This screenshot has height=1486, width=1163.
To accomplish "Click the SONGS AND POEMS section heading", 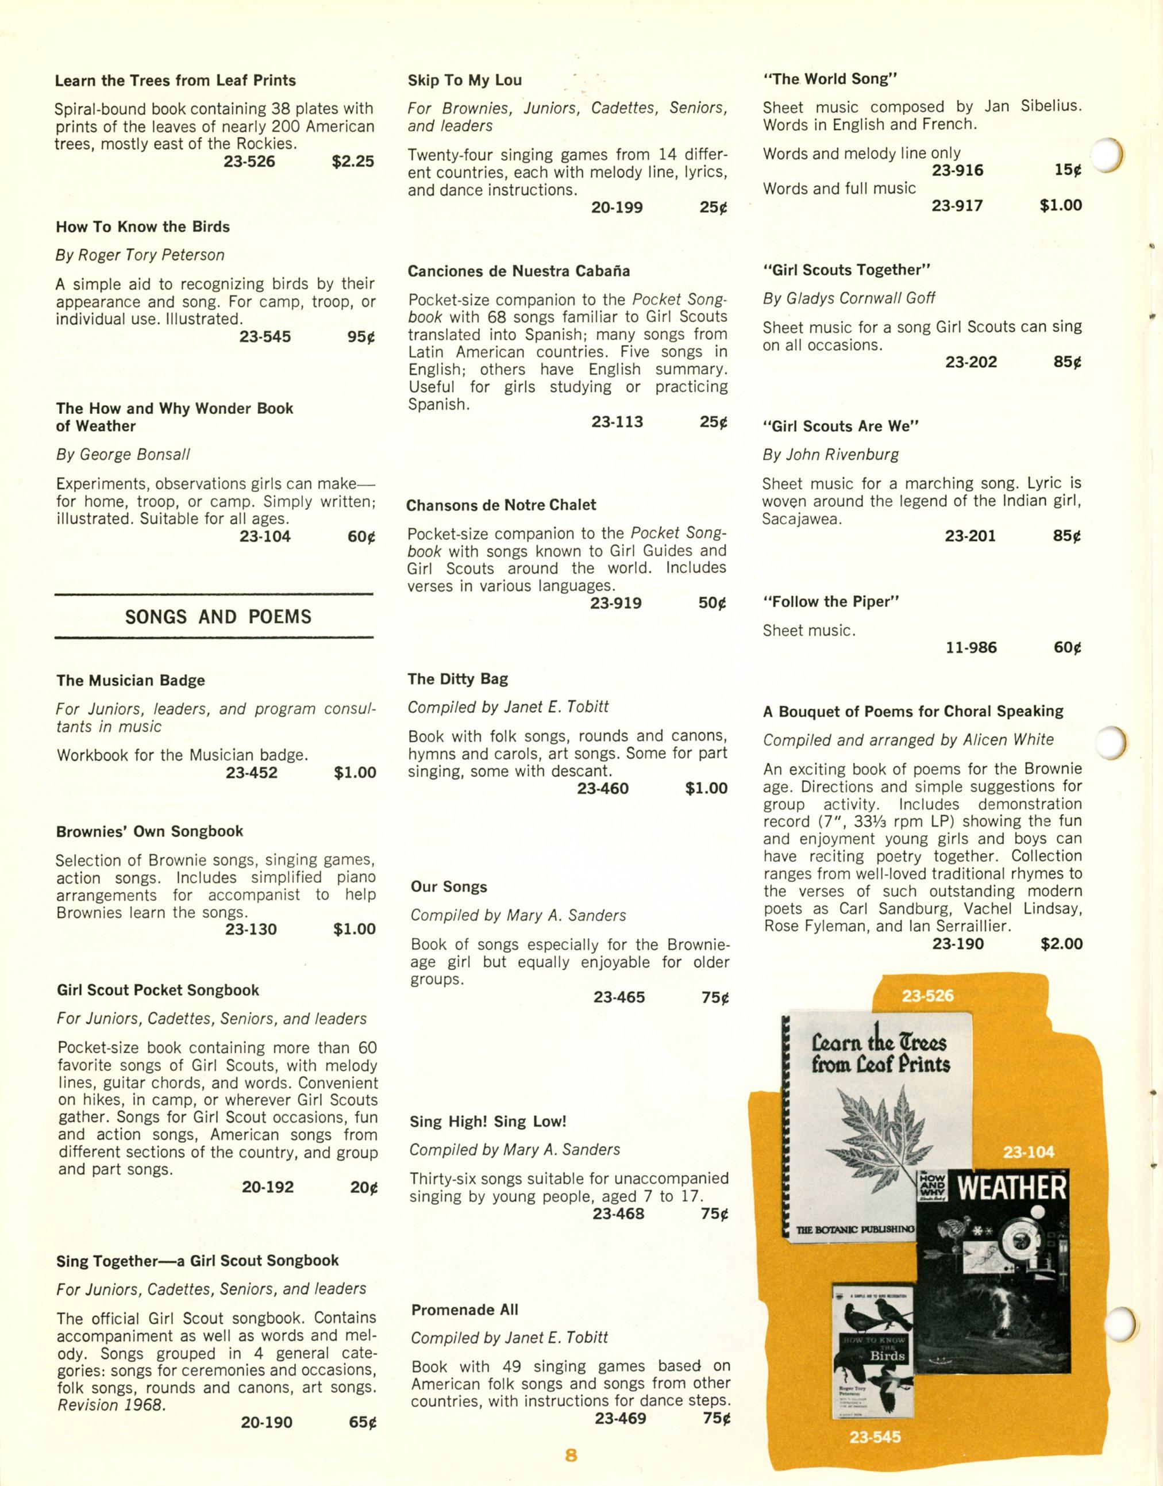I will [x=218, y=617].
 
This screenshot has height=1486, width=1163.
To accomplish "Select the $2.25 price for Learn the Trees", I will [x=353, y=162].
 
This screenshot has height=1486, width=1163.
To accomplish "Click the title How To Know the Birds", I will [x=143, y=227].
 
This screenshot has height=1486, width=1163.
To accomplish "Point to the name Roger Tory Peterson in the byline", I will [x=151, y=255].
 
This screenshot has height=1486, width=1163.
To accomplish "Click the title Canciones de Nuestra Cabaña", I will [x=519, y=271].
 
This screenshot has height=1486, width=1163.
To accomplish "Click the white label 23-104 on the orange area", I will [x=1028, y=1153].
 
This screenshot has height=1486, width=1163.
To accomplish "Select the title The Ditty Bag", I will [x=457, y=679].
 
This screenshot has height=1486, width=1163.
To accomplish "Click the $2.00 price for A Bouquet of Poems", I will [x=1061, y=944].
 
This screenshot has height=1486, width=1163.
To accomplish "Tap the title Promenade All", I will [x=464, y=1310].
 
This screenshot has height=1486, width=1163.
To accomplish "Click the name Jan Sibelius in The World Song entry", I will [x=1033, y=107].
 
